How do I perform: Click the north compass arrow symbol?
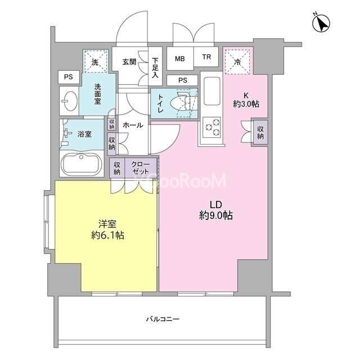[x=321, y=22]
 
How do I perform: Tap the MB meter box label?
[x=180, y=58]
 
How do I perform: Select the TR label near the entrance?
[x=206, y=57]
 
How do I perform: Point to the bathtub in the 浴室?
[x=82, y=164]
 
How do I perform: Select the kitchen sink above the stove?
[x=212, y=91]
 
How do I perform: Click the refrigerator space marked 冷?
[x=237, y=61]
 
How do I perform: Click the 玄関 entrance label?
[x=129, y=61]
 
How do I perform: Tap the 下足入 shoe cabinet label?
[x=155, y=67]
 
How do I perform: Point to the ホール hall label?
[x=133, y=125]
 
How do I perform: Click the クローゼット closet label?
[x=140, y=168]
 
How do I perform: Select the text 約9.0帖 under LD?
[x=216, y=215]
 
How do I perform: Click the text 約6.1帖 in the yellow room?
[x=107, y=235]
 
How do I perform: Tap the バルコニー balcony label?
[x=163, y=319]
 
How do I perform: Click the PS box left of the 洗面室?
[x=69, y=77]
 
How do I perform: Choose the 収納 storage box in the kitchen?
[x=260, y=133]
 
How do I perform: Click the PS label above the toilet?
[x=183, y=80]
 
